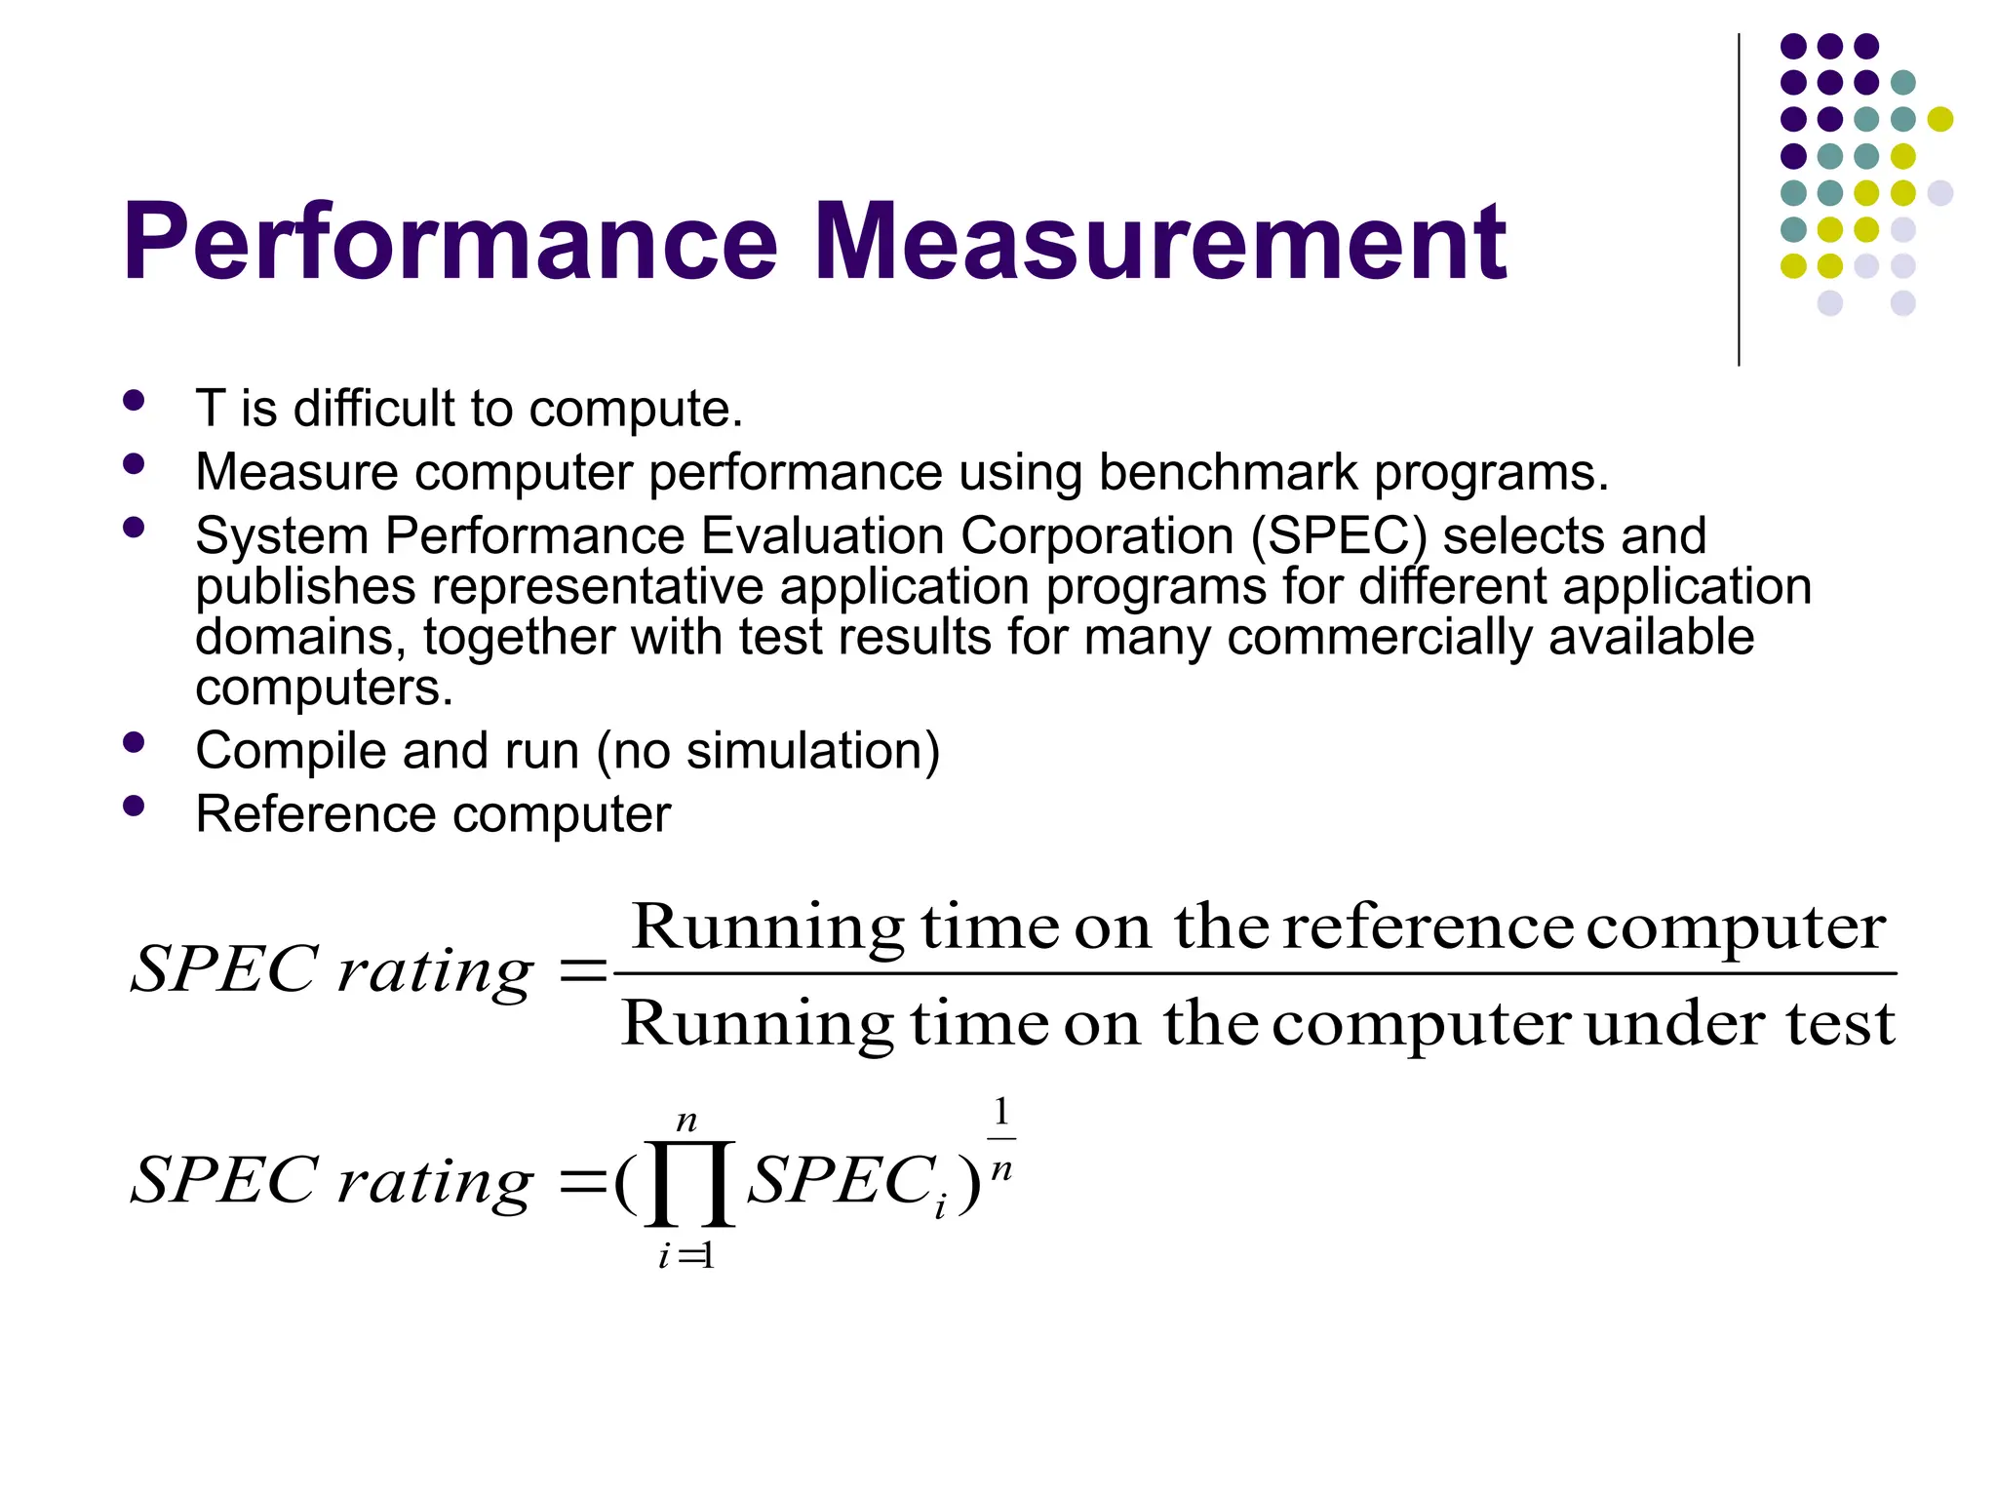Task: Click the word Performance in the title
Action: [x=450, y=242]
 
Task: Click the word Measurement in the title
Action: [x=1159, y=242]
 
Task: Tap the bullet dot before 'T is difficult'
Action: [x=135, y=400]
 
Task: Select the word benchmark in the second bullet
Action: [x=1228, y=472]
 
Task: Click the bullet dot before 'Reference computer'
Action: [x=135, y=806]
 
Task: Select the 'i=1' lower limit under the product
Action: [x=686, y=1256]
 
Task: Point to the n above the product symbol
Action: [x=687, y=1121]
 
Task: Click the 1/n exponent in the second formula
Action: [x=1001, y=1139]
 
